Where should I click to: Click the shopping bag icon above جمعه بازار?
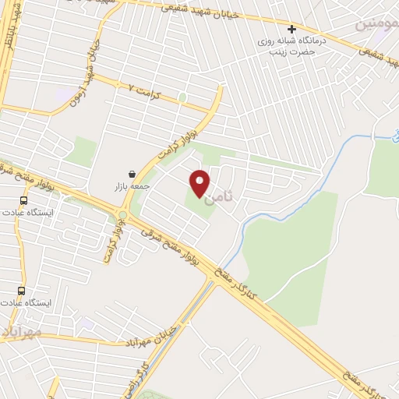132,174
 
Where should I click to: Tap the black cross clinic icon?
291,30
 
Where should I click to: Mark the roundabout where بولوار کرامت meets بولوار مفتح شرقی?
122,215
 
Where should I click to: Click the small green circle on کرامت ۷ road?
182,97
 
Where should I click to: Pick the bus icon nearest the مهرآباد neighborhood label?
22,291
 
